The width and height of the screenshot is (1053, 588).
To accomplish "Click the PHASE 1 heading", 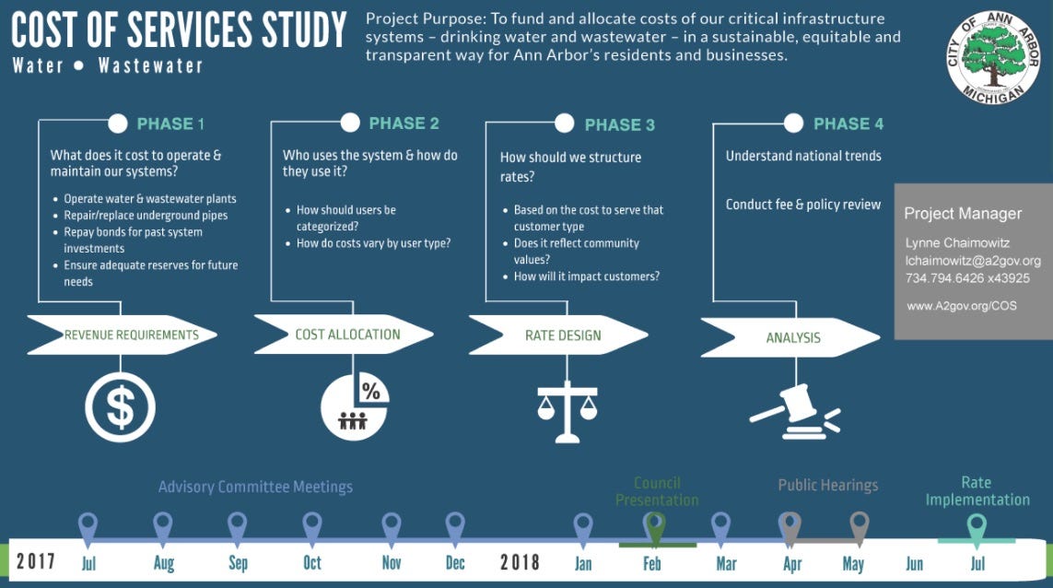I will click(x=170, y=123).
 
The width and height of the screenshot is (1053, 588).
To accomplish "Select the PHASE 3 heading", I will click(x=620, y=124).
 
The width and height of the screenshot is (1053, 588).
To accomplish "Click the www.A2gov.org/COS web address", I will click(x=961, y=305).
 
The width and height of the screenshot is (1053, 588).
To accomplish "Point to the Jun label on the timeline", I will click(x=915, y=563).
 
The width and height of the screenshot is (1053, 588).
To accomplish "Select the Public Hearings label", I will click(x=827, y=485).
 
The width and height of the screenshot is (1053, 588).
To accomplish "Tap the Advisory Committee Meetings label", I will click(x=255, y=487).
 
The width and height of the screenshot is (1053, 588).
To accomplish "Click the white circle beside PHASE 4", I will click(x=793, y=123).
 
